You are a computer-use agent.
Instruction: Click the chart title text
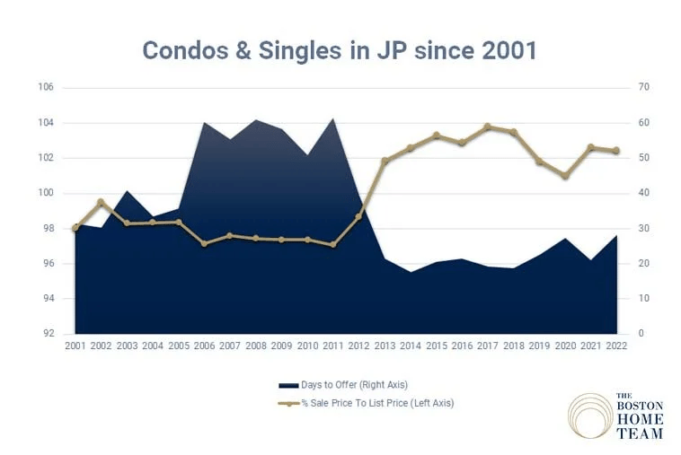(340, 49)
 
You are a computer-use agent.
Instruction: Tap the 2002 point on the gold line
(101, 202)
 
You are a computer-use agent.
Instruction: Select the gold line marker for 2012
(358, 216)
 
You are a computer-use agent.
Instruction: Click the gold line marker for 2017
(488, 127)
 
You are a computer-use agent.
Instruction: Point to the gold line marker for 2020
(565, 176)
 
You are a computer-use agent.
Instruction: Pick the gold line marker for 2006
(204, 243)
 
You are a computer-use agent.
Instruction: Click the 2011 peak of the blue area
(334, 118)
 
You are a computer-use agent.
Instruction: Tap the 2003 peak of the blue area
(128, 191)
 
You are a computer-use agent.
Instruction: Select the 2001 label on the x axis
(75, 346)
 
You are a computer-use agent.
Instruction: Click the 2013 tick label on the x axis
(385, 346)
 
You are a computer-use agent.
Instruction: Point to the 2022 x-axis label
(616, 346)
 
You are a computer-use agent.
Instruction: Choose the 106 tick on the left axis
(46, 88)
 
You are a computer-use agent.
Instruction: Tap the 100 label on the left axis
(46, 193)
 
